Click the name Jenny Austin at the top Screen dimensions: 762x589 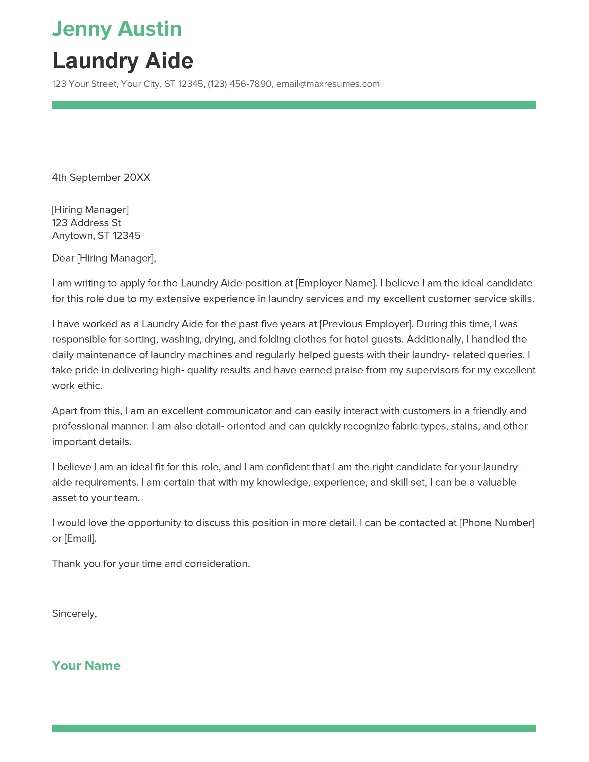click(x=117, y=29)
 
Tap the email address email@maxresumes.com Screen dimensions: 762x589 click(x=328, y=84)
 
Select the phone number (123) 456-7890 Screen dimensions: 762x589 click(x=239, y=84)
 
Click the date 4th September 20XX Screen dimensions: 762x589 click(x=101, y=178)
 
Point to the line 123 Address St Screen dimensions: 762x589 click(x=86, y=223)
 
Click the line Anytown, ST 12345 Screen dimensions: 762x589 click(x=96, y=236)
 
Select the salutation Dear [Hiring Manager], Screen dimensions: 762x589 click(x=104, y=258)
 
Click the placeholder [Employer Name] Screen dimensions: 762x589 click(x=336, y=283)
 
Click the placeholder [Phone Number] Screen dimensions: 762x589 click(x=496, y=523)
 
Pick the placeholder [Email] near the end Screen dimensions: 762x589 click(x=80, y=538)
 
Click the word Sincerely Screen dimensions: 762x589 click(x=74, y=613)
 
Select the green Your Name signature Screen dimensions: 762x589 click(x=86, y=666)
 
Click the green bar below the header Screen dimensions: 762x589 click(x=294, y=105)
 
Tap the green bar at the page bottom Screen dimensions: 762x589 click(x=293, y=728)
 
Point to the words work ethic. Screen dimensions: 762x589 click(x=77, y=386)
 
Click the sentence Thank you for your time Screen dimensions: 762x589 click(x=151, y=564)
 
